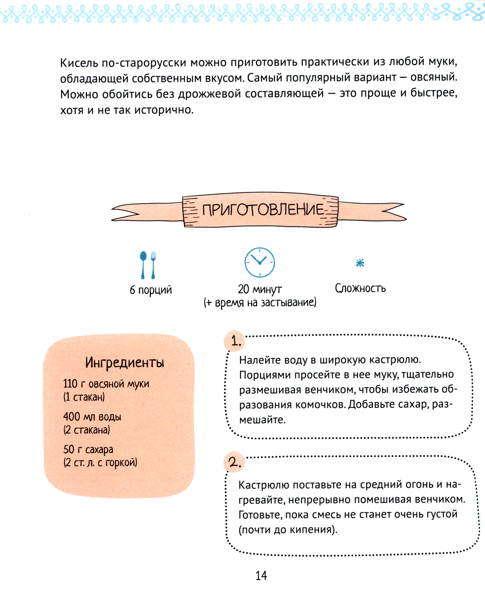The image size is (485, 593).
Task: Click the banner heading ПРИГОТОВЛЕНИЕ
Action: coord(262,210)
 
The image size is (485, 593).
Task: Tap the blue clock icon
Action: coord(259,263)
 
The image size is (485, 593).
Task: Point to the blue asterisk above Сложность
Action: coord(360,263)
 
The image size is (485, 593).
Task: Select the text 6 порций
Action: coord(151,290)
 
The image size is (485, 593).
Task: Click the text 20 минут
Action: coord(259,289)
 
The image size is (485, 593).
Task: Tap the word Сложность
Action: coord(360,288)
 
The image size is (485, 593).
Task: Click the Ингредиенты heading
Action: coord(125,362)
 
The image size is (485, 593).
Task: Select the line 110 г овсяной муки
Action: coord(106,384)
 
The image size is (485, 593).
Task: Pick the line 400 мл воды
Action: coord(92,417)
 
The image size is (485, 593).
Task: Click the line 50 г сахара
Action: coord(88,450)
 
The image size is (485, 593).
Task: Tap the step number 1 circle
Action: coord(236,341)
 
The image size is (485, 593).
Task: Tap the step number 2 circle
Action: coord(235,463)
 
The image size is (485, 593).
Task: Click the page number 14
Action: coord(261,576)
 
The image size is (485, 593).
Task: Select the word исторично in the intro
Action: coord(163,110)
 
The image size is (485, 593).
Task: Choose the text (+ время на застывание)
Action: coord(259,303)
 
